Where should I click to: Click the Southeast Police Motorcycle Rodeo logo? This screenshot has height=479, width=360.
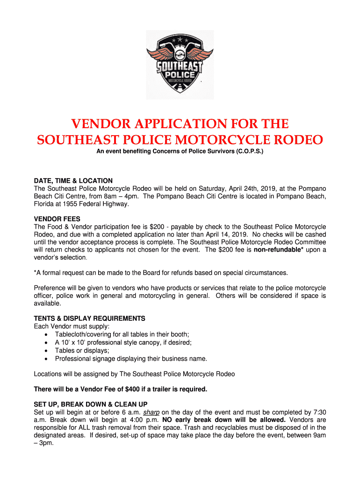tap(180, 65)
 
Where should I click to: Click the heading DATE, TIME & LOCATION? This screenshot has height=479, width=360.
tap(73, 181)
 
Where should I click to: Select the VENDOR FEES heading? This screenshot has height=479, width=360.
tap(57, 219)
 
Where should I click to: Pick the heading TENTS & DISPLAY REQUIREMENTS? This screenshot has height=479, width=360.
tap(90, 319)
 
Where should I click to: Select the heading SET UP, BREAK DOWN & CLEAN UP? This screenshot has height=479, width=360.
tap(91, 404)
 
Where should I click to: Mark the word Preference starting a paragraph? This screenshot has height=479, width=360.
tap(50, 288)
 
